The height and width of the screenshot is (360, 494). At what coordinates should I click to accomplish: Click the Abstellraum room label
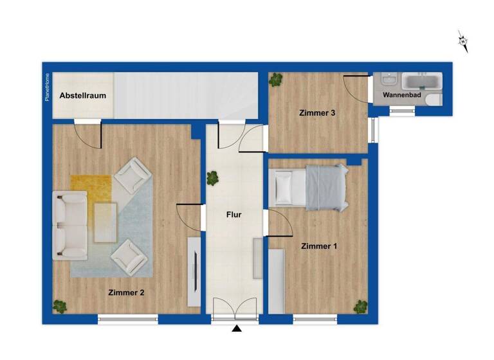pos(82,96)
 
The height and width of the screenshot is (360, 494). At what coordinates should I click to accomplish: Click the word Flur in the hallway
pos(233,215)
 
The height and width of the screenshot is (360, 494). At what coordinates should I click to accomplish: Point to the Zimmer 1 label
pos(318,246)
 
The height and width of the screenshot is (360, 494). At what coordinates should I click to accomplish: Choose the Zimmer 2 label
pos(126,292)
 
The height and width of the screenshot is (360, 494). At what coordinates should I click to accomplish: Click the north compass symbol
pos(463,41)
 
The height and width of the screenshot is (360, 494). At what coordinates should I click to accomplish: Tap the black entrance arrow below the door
pos(237,329)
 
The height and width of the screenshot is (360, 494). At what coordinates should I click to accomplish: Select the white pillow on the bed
pos(284,187)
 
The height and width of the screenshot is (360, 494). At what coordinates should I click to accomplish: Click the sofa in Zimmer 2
pos(69,224)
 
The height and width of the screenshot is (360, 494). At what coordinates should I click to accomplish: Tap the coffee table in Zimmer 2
pos(105,222)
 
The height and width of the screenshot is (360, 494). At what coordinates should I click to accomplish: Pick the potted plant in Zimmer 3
pos(276,80)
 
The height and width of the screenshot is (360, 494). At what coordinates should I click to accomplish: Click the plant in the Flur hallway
pos(212,179)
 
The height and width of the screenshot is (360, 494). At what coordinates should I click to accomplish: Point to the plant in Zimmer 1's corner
pos(360,306)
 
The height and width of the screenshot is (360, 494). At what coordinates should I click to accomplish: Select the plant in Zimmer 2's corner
pos(60,306)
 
